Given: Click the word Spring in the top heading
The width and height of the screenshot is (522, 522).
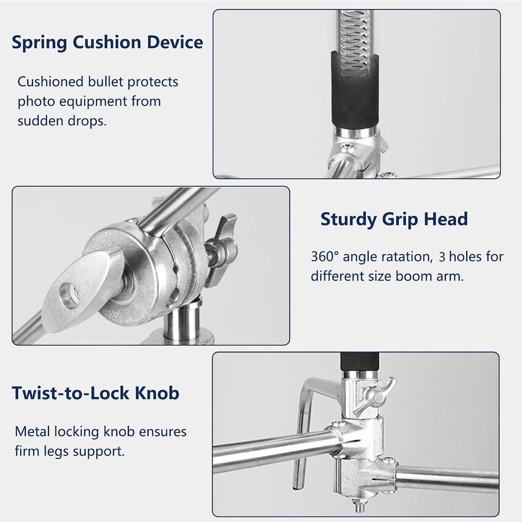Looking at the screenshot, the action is (39, 43).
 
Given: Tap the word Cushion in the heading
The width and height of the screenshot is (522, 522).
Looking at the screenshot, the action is (107, 42).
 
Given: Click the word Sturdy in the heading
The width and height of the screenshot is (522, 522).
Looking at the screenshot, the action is (349, 220).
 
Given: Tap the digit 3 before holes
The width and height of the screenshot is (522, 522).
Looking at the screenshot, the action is (442, 257).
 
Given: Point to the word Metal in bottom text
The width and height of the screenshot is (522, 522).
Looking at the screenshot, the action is (32, 432).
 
